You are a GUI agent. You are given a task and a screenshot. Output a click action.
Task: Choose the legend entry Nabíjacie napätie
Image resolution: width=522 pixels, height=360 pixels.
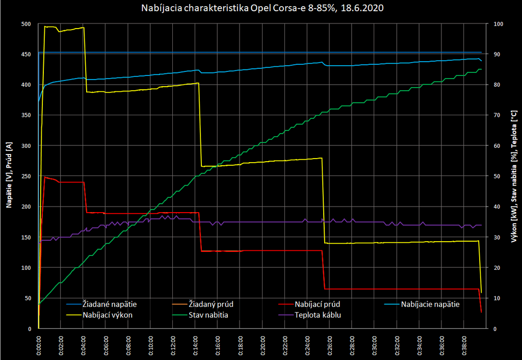coord(430,304)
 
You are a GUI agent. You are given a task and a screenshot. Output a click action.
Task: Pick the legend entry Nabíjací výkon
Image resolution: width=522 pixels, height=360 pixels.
coord(108,315)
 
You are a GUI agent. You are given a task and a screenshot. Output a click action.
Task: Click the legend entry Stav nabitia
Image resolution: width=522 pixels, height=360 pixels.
coord(208,315)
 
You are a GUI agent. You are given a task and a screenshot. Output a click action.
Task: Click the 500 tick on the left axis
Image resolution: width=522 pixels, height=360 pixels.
coord(26,24)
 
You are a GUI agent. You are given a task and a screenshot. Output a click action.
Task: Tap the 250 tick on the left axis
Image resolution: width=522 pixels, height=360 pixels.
coord(26,176)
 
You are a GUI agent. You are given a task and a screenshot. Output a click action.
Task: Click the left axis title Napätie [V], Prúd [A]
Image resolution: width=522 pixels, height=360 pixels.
coord(9,176)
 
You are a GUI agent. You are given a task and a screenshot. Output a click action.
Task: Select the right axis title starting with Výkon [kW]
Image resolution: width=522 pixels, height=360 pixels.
coord(513,176)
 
